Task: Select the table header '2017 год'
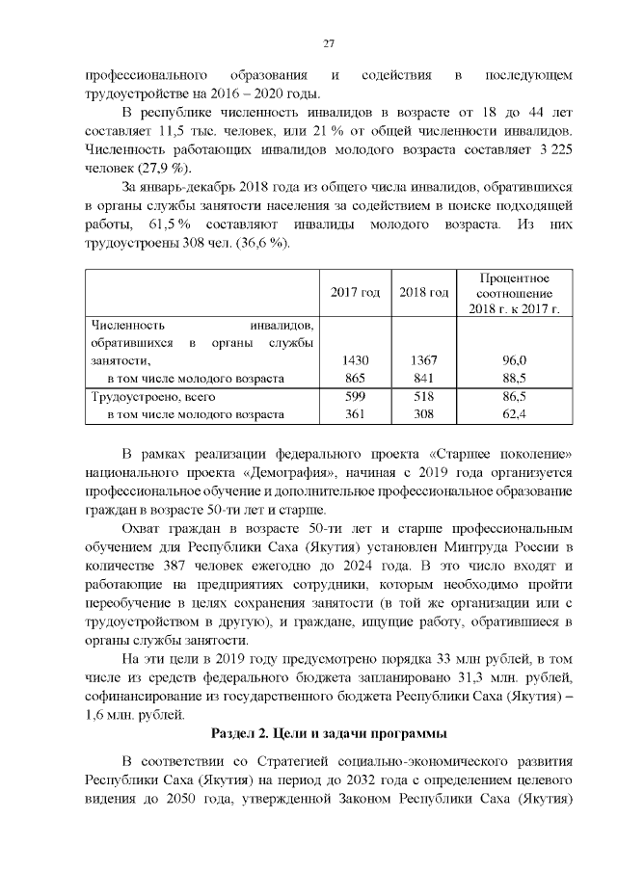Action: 355,292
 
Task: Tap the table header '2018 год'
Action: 424,292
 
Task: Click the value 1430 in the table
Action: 356,360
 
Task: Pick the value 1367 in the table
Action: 424,360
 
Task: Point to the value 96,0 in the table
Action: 516,360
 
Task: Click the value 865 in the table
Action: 356,378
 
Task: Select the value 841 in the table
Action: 424,378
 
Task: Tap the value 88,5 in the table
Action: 516,378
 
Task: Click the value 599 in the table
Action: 356,396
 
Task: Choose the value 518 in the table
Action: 424,396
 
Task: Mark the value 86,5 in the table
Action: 516,396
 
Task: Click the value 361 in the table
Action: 356,414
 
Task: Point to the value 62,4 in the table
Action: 516,414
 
